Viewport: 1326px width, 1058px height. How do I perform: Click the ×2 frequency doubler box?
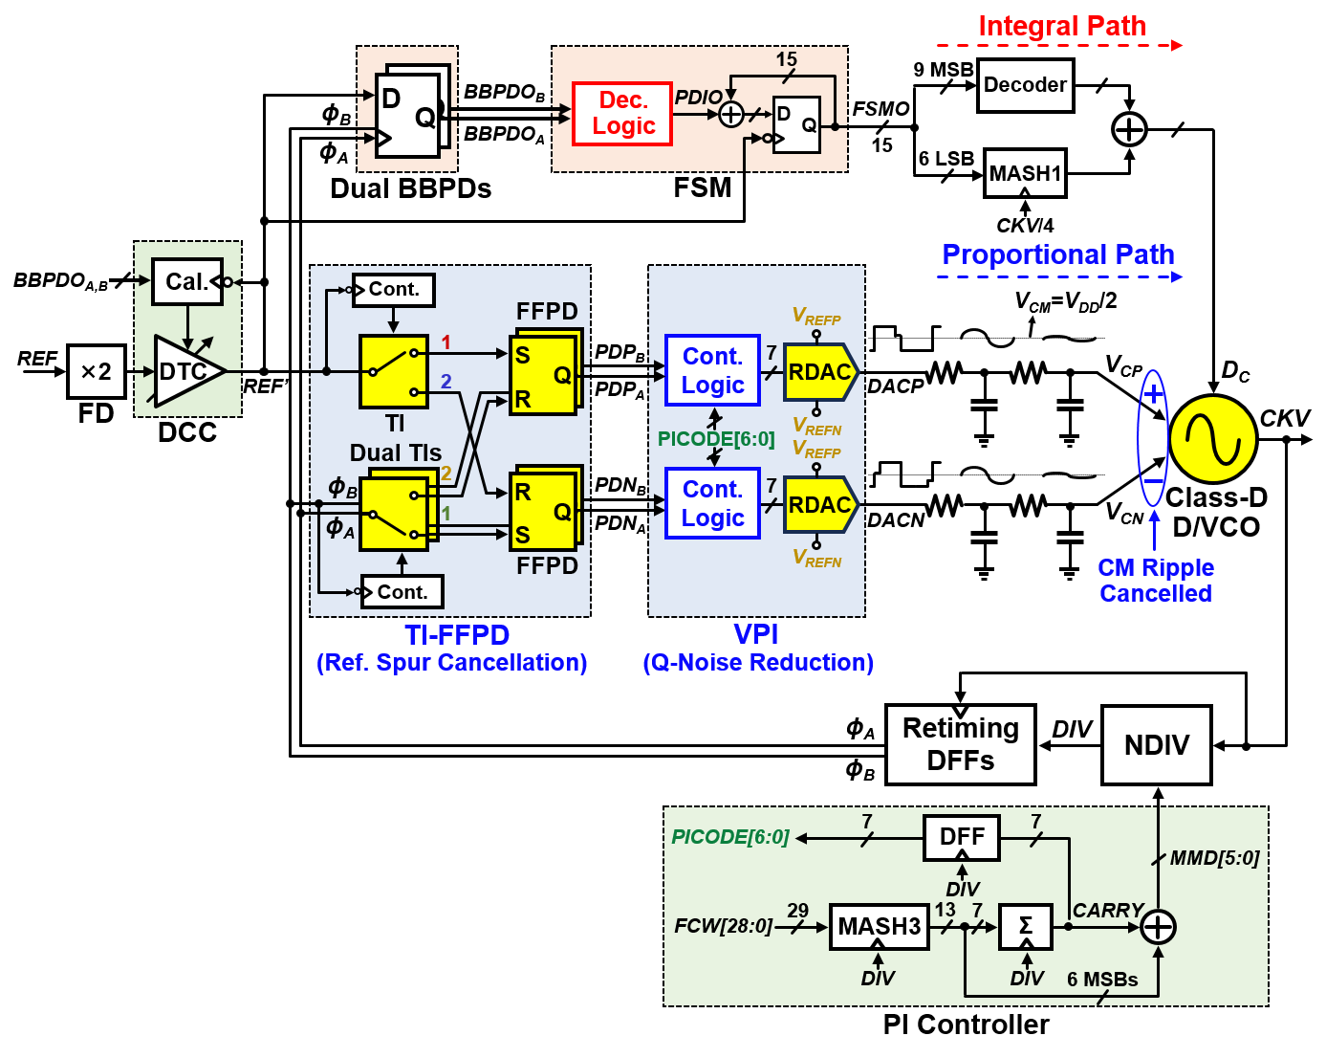click(x=97, y=371)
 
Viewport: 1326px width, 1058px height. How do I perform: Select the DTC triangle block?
click(x=185, y=371)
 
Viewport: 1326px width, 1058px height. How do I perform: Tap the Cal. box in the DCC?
click(x=187, y=282)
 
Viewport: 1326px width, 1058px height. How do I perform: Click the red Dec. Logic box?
click(x=622, y=114)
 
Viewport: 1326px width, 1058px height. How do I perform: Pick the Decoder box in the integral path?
click(x=1025, y=85)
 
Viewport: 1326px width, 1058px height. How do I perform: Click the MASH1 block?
click(x=1025, y=174)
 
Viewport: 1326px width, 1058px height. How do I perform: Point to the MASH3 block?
click(x=879, y=926)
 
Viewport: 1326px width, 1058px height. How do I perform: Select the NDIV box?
click(x=1157, y=745)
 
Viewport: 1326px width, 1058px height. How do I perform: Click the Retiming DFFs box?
click(x=961, y=744)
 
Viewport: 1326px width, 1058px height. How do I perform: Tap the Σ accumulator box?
click(x=1026, y=926)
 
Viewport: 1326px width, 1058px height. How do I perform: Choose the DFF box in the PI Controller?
click(x=962, y=838)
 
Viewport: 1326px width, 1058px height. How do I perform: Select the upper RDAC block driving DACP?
click(x=820, y=372)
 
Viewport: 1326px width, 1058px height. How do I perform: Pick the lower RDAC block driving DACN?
click(x=820, y=505)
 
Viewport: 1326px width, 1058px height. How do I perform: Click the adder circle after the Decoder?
click(x=1130, y=129)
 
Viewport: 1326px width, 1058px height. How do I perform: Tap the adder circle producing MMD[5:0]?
click(x=1158, y=926)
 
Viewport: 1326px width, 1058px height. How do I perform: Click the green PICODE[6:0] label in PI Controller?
click(x=730, y=838)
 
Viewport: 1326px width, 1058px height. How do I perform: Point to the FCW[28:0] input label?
click(x=723, y=926)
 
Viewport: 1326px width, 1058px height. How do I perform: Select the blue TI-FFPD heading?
click(x=457, y=635)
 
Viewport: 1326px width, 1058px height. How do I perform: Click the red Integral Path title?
click(x=1061, y=27)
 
